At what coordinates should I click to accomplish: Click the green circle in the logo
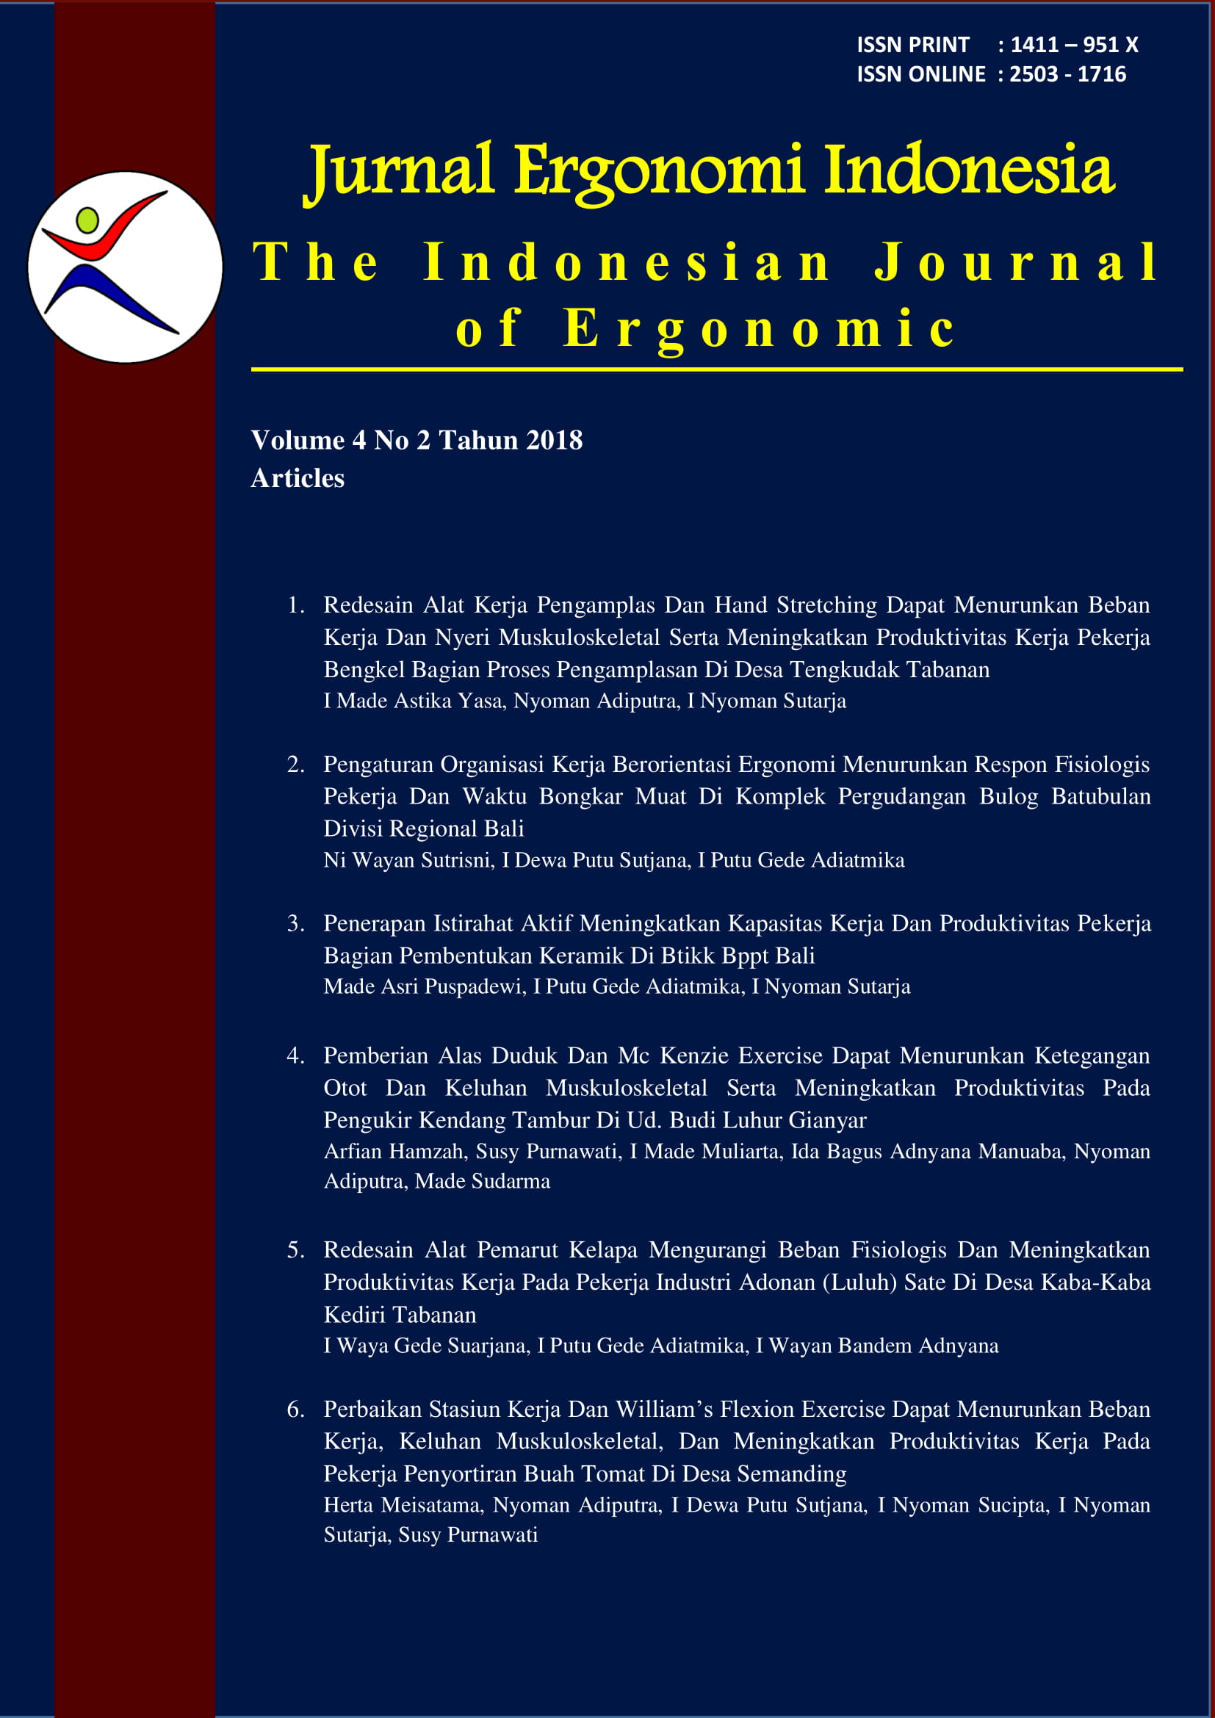click(x=87, y=220)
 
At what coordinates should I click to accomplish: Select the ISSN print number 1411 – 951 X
click(x=1075, y=45)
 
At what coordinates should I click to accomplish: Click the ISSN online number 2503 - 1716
click(x=1067, y=74)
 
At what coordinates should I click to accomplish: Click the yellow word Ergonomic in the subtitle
click(x=759, y=329)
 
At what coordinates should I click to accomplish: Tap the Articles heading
click(x=298, y=478)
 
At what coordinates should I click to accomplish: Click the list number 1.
click(x=295, y=604)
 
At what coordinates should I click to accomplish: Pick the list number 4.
click(x=295, y=1055)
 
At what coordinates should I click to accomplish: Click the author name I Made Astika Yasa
click(x=412, y=701)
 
